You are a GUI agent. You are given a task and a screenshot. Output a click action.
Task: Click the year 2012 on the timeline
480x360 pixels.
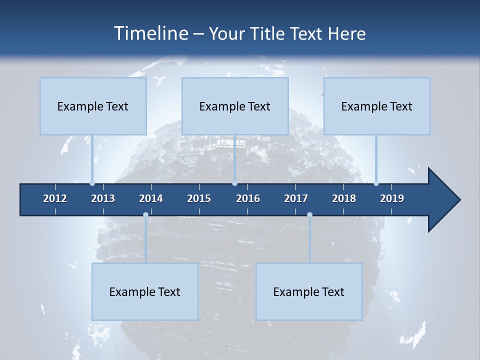(55, 198)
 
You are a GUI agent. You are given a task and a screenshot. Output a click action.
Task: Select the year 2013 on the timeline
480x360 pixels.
(103, 198)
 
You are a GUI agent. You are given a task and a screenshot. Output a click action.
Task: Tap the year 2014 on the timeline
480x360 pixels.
(151, 198)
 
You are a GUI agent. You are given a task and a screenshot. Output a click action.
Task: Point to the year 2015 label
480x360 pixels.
(199, 198)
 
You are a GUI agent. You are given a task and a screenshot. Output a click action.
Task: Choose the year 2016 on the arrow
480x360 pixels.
(248, 198)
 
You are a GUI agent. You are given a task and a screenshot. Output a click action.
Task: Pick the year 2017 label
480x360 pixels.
(296, 198)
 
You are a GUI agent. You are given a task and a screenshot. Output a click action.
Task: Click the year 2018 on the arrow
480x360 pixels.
(344, 198)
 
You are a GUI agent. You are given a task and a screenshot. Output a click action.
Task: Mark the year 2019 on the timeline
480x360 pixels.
(392, 198)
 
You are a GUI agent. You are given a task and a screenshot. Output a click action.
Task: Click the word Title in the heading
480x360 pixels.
(269, 33)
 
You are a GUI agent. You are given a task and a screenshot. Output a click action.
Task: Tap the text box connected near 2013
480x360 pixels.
(93, 106)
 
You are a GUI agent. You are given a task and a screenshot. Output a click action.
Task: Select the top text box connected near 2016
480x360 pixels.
(235, 106)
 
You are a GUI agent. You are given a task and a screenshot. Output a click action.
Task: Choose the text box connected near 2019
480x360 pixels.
(377, 106)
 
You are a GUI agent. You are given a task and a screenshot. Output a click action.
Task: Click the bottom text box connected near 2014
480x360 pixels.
(145, 291)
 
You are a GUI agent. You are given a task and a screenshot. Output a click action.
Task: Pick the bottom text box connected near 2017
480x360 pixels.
(309, 291)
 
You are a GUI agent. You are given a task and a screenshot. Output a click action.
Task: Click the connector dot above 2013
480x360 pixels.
(92, 183)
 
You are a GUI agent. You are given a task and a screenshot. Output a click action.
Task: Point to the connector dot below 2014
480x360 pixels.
(145, 215)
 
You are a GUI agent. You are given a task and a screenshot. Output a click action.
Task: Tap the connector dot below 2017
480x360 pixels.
(309, 215)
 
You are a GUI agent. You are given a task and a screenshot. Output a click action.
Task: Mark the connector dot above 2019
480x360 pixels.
(376, 183)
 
